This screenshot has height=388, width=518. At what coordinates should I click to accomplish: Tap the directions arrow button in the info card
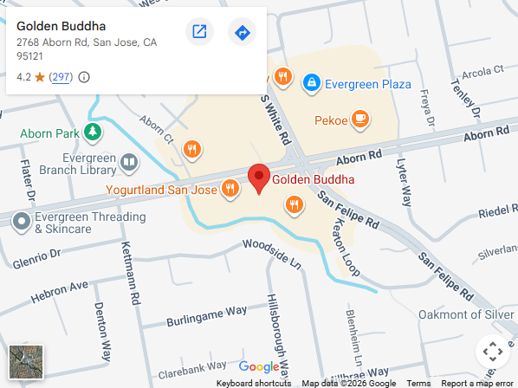(243, 33)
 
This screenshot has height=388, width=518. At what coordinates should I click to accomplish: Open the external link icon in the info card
(199, 33)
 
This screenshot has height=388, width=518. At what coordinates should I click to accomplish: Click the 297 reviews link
(61, 77)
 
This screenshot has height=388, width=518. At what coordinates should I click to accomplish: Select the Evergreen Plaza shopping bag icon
(310, 83)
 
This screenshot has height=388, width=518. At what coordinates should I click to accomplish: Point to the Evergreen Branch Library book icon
(128, 162)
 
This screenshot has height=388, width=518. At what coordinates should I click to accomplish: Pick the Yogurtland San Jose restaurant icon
(230, 188)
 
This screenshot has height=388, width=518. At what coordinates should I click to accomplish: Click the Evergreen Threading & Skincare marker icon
(22, 222)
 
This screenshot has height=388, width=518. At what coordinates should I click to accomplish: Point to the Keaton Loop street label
(342, 245)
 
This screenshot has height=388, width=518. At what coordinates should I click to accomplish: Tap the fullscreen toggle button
(492, 352)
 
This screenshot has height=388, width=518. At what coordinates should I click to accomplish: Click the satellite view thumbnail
(26, 362)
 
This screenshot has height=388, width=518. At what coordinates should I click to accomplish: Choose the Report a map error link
(476, 383)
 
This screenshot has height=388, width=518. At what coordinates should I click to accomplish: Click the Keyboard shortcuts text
(254, 383)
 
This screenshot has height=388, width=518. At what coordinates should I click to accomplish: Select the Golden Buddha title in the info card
(55, 26)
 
